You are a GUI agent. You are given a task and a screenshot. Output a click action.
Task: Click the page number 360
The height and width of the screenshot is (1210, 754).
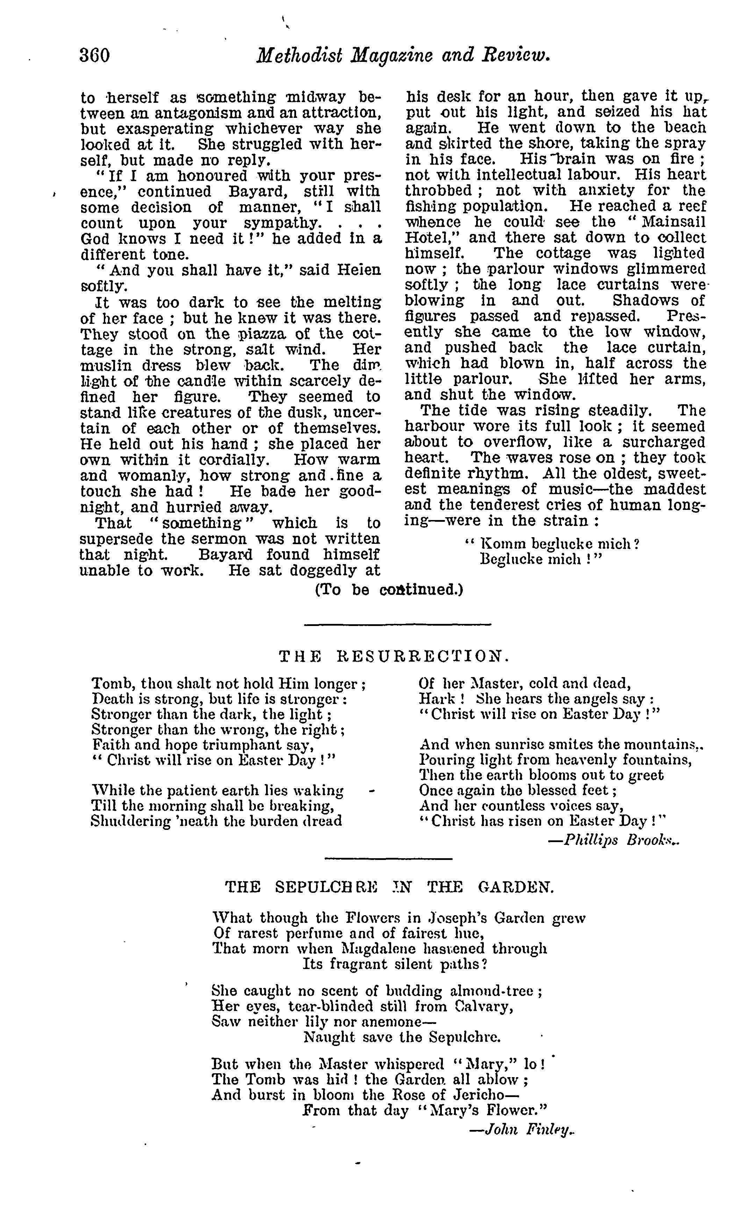pos(94,55)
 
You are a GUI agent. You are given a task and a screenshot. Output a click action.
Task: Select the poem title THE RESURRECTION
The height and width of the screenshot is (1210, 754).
pos(394,656)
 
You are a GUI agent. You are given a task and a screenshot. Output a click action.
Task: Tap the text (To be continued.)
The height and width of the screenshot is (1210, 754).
pos(389,590)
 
